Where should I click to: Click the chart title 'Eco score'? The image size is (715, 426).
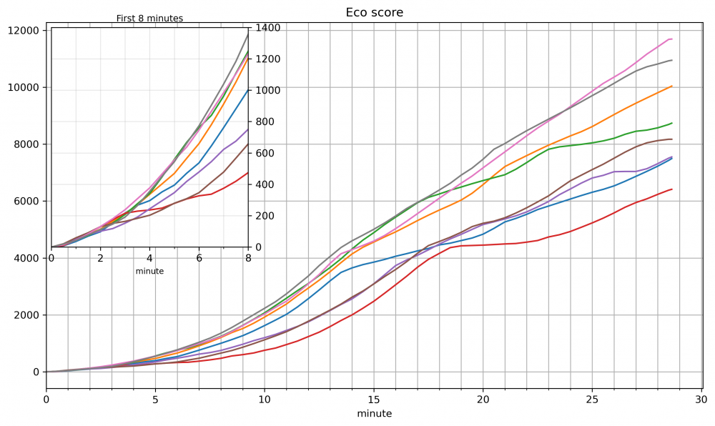click(374, 12)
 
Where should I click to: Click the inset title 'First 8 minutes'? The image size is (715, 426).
click(149, 19)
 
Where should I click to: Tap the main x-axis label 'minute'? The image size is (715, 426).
click(374, 413)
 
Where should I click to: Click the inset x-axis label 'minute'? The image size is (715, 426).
click(149, 271)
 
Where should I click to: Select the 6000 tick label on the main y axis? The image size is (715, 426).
click(26, 202)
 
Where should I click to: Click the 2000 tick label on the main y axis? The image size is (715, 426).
click(26, 315)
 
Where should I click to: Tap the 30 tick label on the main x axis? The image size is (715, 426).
click(701, 399)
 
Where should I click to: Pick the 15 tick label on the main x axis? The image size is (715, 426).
click(374, 399)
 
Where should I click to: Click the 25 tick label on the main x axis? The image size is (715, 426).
click(592, 399)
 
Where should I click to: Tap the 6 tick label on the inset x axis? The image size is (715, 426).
click(199, 258)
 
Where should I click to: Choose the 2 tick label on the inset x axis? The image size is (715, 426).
click(101, 258)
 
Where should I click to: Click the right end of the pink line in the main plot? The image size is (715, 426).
click(672, 39)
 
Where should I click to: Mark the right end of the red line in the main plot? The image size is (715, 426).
click(672, 189)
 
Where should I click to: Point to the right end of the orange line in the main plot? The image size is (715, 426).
click(672, 86)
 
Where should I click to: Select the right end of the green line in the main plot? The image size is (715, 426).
click(672, 123)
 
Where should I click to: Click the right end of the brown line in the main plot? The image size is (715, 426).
click(672, 139)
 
